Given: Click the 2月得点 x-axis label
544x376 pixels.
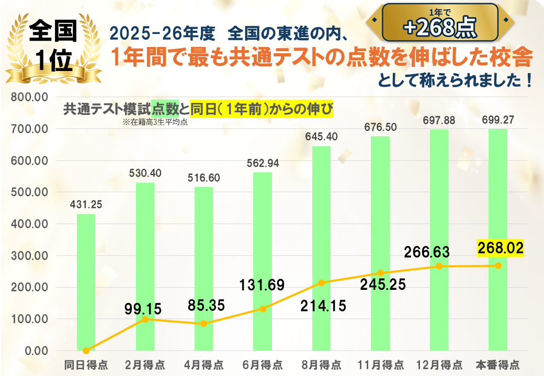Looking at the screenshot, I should coord(144,364).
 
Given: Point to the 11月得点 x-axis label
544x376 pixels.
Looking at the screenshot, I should coord(380,364).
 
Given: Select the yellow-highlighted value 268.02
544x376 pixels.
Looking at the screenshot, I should coord(500,248).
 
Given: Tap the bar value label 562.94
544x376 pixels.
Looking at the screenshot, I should coord(263,163).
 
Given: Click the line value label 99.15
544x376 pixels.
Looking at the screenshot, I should coord(143,308).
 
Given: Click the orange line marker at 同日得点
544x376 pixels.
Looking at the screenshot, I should coord(86,350).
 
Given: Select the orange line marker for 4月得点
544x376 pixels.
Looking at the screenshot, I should coord(203,324).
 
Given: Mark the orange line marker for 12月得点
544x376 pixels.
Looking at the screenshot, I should coord(439,266).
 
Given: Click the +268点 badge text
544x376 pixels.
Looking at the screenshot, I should coord(439,28).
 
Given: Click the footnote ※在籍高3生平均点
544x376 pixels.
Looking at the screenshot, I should coord(155,123).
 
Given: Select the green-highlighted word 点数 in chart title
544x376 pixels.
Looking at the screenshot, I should coord(165,109).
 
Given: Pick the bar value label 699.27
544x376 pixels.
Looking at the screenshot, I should coord(497,120).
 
